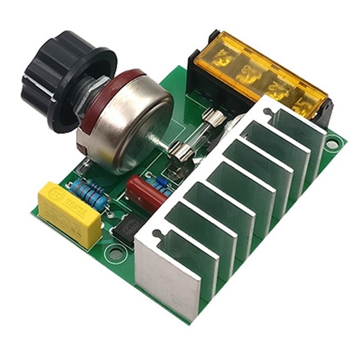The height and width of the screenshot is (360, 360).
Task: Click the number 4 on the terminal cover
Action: (222, 57)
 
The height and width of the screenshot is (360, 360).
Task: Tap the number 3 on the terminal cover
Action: (246, 71)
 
